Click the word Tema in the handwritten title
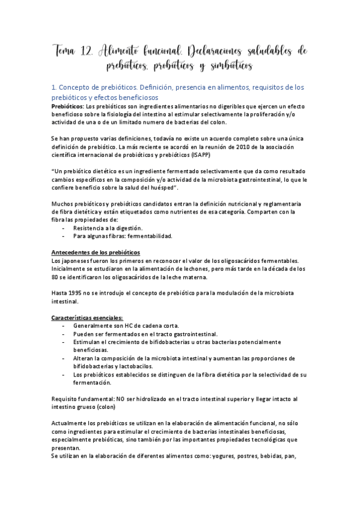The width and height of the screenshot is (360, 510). (64, 52)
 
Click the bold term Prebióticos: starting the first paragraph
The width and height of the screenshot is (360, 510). (68, 106)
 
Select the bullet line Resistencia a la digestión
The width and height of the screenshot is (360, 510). (108, 229)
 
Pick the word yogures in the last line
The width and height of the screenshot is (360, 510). (185, 455)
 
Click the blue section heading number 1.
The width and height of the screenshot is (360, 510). (55, 87)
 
